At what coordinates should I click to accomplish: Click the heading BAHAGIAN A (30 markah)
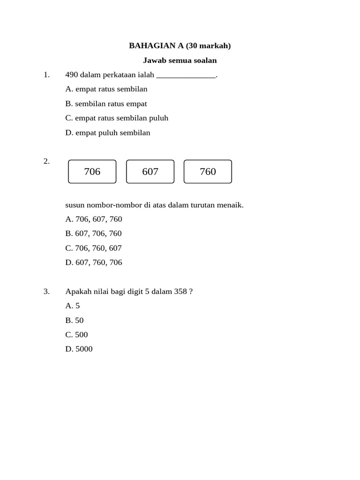coord(180,45)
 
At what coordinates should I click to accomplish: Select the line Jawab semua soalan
coord(180,60)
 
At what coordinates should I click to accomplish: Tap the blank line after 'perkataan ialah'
coord(186,76)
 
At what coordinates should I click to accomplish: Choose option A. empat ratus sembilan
coord(106,89)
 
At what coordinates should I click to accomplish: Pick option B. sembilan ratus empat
coord(106,104)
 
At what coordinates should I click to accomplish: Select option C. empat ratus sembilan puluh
coord(117,118)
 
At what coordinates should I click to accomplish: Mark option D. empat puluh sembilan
coord(108,133)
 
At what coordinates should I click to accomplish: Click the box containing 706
coord(92,172)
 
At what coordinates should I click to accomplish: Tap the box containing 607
coord(150,172)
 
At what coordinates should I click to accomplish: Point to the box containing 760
coord(208,172)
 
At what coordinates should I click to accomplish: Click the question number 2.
coord(46,161)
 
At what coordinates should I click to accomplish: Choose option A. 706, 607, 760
coord(94,219)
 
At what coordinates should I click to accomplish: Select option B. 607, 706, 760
coord(93,233)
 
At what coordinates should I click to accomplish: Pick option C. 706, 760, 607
coord(93,248)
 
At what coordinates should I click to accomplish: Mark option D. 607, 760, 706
coord(94,262)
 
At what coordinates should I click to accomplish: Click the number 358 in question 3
coord(180,292)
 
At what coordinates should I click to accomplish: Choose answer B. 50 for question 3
coord(75,320)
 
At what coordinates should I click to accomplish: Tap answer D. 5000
coord(79,349)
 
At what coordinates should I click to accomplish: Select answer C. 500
coord(76,335)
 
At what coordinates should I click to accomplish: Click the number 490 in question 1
coord(72,75)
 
